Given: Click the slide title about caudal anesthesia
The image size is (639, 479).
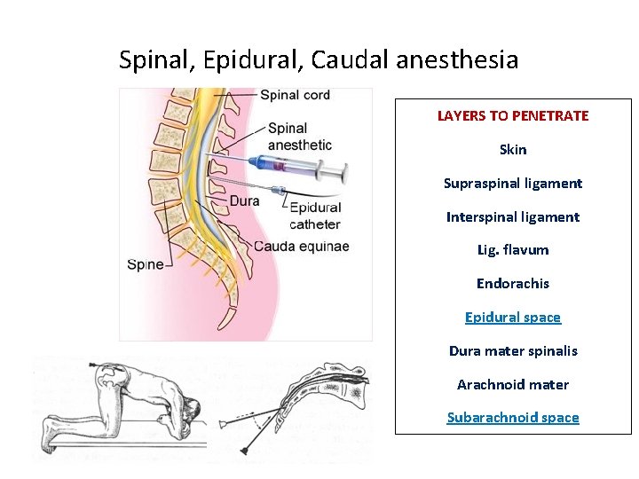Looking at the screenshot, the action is click(x=319, y=60).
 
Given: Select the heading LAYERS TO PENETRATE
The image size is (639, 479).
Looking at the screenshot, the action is click(x=513, y=116).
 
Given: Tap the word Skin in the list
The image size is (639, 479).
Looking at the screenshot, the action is click(x=513, y=150).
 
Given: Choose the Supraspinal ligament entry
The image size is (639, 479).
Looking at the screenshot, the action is click(x=513, y=184).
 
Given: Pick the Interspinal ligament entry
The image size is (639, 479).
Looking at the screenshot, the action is click(x=513, y=217).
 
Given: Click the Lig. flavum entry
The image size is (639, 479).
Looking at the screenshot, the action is click(x=513, y=250).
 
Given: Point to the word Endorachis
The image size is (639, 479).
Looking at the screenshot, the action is click(x=513, y=284).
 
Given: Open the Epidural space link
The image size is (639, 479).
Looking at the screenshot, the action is click(x=513, y=318).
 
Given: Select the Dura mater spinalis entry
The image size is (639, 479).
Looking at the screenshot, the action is click(x=513, y=351).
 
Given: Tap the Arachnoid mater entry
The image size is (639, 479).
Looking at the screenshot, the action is click(x=513, y=385).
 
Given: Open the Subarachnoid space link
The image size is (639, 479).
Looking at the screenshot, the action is click(x=513, y=418).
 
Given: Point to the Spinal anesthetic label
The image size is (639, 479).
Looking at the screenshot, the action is click(x=299, y=137).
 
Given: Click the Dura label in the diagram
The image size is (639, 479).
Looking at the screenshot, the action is click(x=244, y=201).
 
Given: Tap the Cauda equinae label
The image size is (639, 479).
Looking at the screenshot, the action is click(x=301, y=246).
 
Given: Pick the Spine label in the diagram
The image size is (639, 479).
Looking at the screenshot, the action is click(x=146, y=263).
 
